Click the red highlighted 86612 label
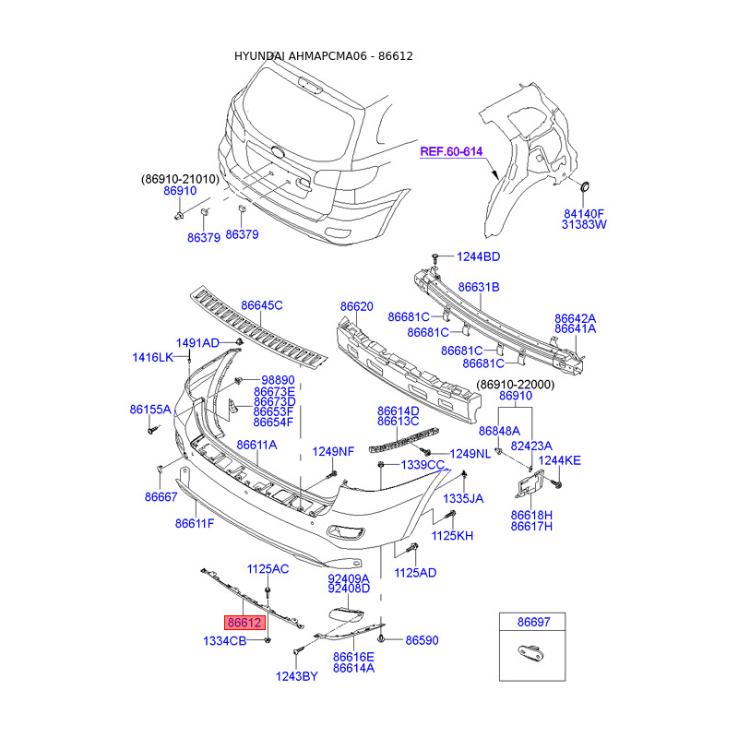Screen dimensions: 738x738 click(x=244, y=623)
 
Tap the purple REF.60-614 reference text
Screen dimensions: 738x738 click(x=451, y=151)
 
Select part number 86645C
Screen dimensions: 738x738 click(x=262, y=305)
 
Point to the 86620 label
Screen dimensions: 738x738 click(x=357, y=306)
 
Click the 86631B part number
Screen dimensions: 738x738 click(x=479, y=287)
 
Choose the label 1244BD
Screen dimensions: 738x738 click(x=478, y=256)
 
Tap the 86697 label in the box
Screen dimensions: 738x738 click(x=534, y=622)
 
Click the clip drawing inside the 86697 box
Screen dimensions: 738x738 click(x=532, y=653)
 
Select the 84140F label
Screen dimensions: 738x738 click(x=584, y=214)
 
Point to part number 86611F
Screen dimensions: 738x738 click(x=195, y=523)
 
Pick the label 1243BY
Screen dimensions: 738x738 click(x=296, y=676)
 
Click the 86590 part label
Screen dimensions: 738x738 click(x=422, y=640)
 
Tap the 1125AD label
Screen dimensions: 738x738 click(x=415, y=573)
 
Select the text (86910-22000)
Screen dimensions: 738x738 click(x=516, y=385)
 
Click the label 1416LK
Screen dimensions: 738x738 click(x=153, y=358)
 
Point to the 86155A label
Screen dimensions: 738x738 click(x=150, y=410)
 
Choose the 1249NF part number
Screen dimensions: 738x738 click(x=333, y=452)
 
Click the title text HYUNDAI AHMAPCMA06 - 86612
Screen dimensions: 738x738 click(x=324, y=56)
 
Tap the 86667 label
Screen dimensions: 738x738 click(x=161, y=497)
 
